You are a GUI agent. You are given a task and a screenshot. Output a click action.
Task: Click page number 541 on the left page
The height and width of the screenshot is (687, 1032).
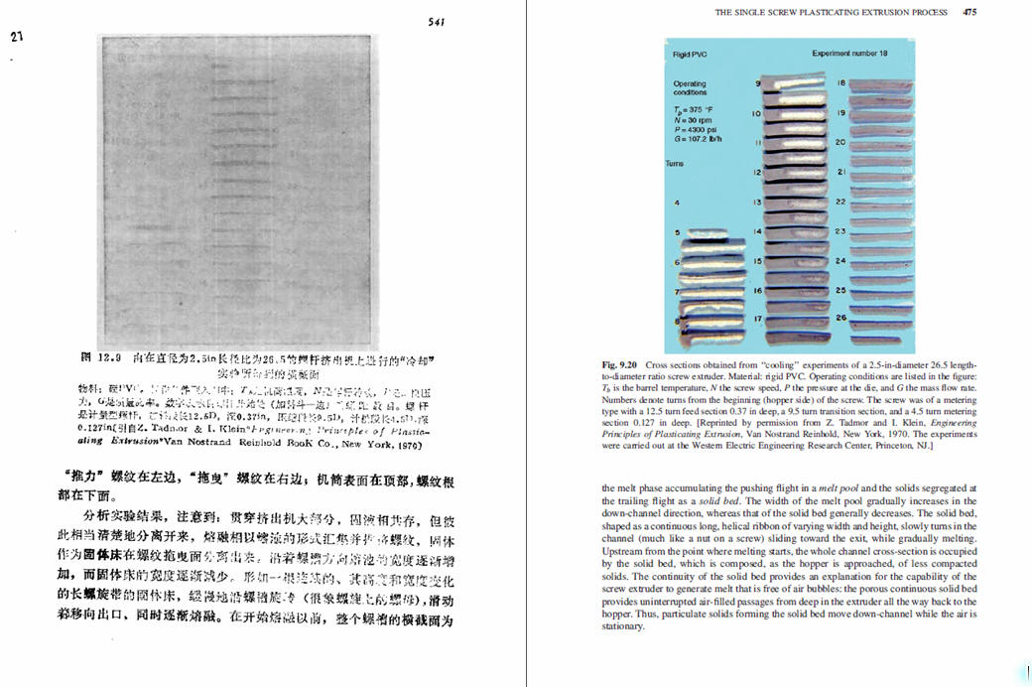pyautogui.click(x=436, y=22)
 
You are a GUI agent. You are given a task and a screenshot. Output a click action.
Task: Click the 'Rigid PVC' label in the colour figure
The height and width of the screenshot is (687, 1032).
pyautogui.click(x=688, y=54)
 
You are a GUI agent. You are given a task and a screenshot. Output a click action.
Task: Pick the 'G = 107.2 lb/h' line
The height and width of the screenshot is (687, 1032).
pyautogui.click(x=698, y=138)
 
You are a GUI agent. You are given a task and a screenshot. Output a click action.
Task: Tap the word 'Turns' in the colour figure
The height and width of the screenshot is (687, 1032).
pyautogui.click(x=675, y=163)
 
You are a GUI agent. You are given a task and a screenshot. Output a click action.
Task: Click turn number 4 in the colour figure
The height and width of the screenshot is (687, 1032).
pyautogui.click(x=677, y=203)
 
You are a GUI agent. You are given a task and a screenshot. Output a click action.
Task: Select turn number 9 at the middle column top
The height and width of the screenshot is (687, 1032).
pyautogui.click(x=758, y=84)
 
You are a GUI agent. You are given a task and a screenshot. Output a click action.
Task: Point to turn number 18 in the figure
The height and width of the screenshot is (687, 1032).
pyautogui.click(x=841, y=82)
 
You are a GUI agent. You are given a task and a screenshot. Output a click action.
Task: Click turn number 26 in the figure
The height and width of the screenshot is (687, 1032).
pyautogui.click(x=840, y=318)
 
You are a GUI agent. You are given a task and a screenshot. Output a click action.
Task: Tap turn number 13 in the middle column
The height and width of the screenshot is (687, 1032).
pyautogui.click(x=756, y=202)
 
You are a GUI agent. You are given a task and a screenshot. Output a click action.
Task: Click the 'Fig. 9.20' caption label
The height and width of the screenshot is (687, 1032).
pyautogui.click(x=620, y=364)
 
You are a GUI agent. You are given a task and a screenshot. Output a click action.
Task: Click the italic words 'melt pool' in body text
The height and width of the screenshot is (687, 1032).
pyautogui.click(x=834, y=488)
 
